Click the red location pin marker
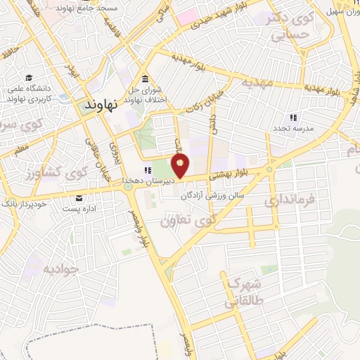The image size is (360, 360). click(x=181, y=167)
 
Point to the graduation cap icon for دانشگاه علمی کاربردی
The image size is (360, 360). click(x=28, y=78)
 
